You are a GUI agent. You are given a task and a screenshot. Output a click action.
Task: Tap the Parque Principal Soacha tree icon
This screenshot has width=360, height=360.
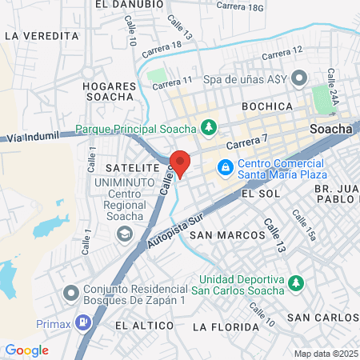click(x=209, y=126)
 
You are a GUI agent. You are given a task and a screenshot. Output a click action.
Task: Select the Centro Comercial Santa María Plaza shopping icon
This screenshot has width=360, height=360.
click(x=226, y=167)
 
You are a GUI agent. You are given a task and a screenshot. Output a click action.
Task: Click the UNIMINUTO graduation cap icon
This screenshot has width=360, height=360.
click(x=124, y=234)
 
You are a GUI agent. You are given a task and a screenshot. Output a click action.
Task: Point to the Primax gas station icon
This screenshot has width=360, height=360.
click(x=82, y=323)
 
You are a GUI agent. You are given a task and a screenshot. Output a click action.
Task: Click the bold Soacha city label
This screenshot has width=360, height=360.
click(x=330, y=128)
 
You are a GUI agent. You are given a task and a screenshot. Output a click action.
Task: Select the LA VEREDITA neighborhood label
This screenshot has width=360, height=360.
click(x=42, y=36)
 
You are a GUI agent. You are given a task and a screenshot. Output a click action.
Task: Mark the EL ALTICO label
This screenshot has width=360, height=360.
click(x=144, y=326)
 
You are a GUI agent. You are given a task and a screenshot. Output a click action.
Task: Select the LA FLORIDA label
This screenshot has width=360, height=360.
click(x=226, y=327)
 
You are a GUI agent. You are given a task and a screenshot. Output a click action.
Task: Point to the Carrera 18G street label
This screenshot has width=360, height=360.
click(x=240, y=7)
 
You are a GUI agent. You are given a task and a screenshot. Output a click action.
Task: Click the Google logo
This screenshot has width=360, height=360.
click(x=26, y=350)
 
